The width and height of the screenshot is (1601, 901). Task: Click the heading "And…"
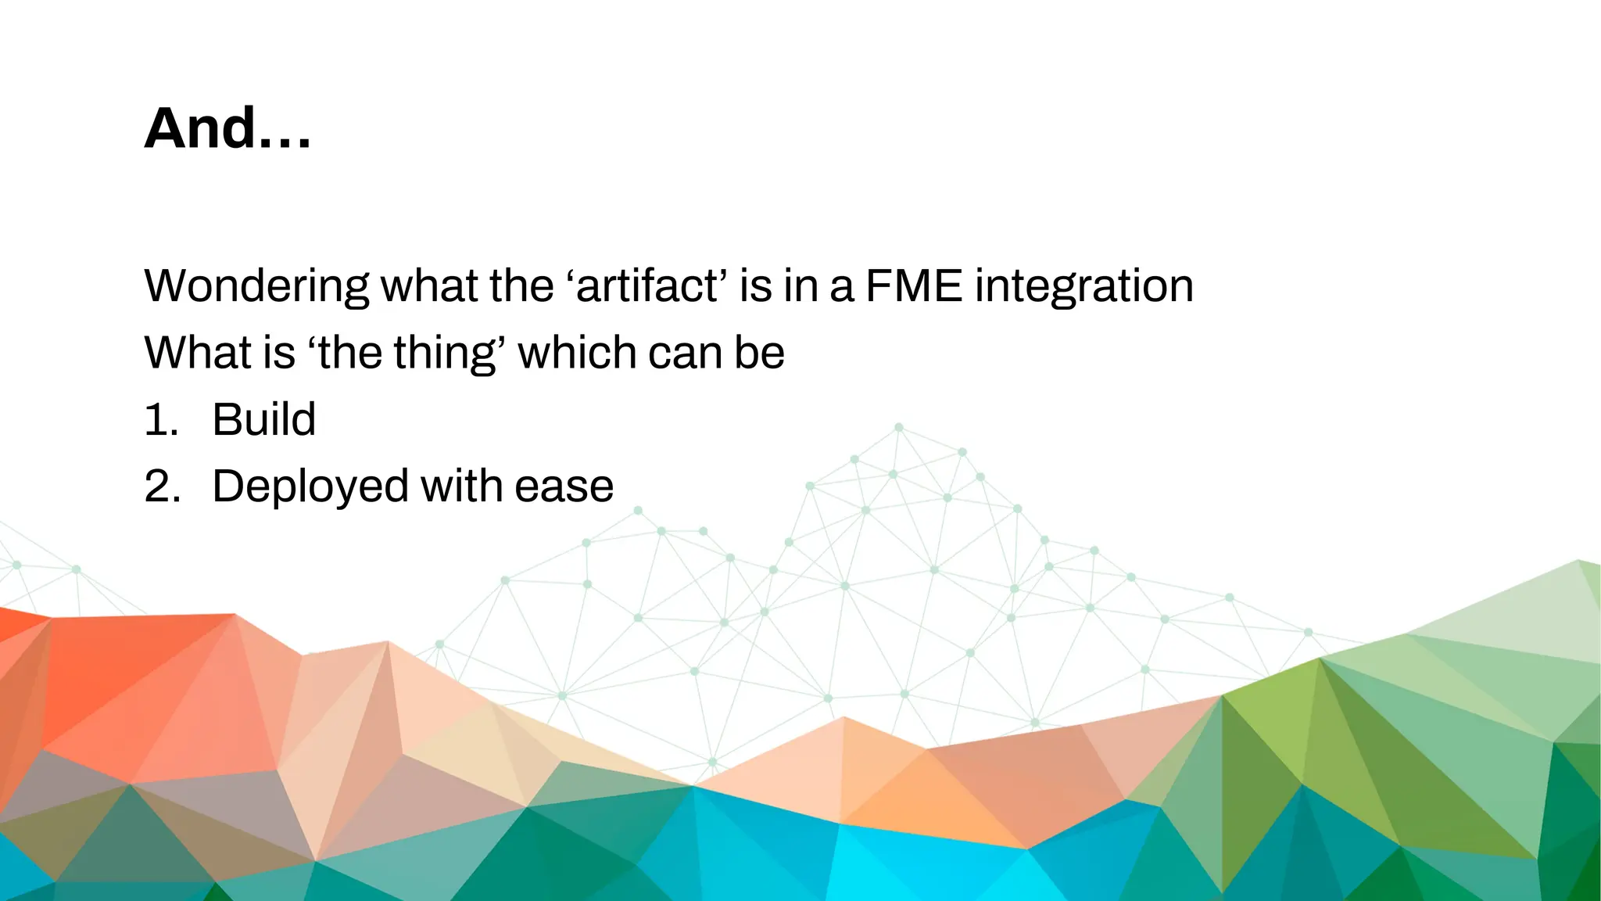[x=227, y=128]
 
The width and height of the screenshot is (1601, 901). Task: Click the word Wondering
[x=256, y=286]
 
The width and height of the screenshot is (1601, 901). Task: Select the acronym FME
[x=913, y=285]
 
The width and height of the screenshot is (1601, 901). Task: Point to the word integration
[x=1084, y=286]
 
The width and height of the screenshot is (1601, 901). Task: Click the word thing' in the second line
[x=449, y=353]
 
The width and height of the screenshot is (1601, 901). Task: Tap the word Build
[x=263, y=419]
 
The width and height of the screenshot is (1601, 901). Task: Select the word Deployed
[x=310, y=487]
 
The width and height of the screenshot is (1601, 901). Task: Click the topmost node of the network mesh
[x=899, y=427]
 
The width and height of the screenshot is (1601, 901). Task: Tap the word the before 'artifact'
[x=521, y=285]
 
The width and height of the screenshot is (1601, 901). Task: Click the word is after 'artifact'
[x=756, y=285]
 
